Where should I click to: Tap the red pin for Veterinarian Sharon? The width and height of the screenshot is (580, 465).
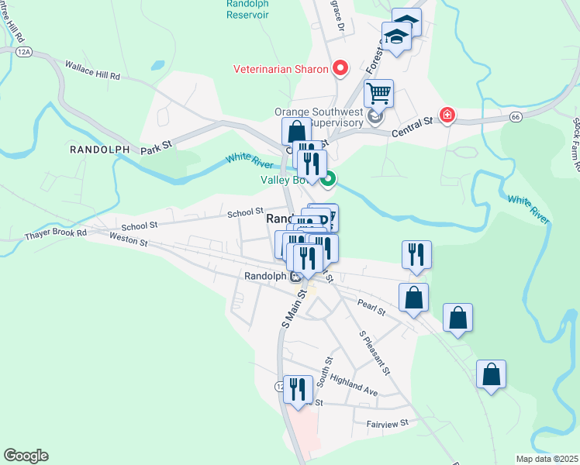(x=340, y=69)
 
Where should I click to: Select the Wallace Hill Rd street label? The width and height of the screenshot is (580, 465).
(x=93, y=71)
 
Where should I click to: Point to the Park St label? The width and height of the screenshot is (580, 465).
(x=156, y=144)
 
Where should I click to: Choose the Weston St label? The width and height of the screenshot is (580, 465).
(x=128, y=242)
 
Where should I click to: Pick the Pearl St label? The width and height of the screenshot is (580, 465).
(x=371, y=307)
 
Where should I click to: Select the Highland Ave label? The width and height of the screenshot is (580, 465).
(x=354, y=385)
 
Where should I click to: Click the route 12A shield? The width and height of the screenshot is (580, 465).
(x=24, y=51)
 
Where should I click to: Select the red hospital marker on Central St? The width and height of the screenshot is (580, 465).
(x=447, y=115)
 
